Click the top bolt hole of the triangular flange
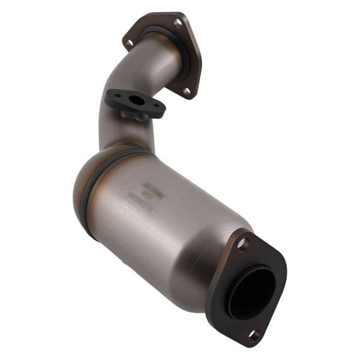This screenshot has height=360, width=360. [x=178, y=23]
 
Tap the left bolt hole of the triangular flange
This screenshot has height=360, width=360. [x=128, y=42]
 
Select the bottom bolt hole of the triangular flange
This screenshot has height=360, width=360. [x=187, y=91]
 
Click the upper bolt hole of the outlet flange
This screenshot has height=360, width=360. [x=242, y=244]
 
